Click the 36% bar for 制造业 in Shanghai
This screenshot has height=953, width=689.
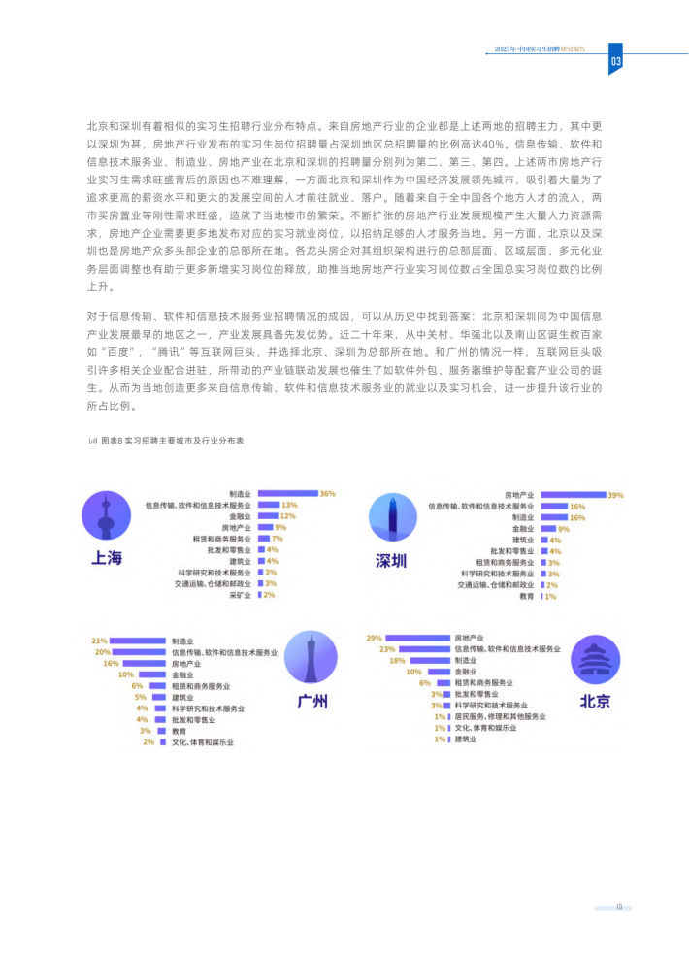point(285,494)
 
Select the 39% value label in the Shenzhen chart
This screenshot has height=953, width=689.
point(614,495)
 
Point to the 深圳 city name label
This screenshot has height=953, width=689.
point(392,560)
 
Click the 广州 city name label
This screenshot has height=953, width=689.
point(312,701)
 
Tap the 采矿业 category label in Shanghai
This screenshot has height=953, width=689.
point(240,595)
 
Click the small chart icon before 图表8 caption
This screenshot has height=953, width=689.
point(92,440)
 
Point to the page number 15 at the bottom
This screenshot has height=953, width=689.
point(618,907)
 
